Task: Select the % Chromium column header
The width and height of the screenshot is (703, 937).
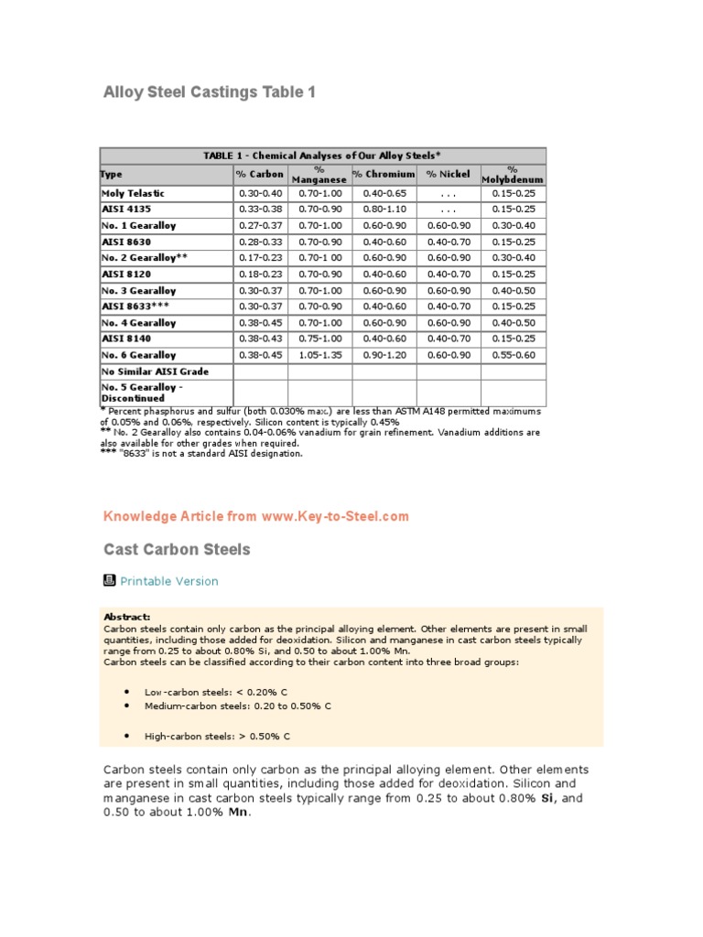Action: pyautogui.click(x=384, y=174)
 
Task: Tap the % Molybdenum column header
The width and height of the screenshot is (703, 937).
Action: pyautogui.click(x=513, y=174)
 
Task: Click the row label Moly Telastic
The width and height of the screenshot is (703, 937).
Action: pyautogui.click(x=133, y=194)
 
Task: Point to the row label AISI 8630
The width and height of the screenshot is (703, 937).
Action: pyautogui.click(x=126, y=242)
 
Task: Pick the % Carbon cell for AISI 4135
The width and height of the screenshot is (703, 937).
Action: pyautogui.click(x=260, y=210)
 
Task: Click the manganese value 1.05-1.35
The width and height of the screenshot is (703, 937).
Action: pyautogui.click(x=319, y=355)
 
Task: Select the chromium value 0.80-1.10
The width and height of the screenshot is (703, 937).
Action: pyautogui.click(x=384, y=210)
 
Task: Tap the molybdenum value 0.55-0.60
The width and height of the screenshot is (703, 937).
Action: pyautogui.click(x=513, y=355)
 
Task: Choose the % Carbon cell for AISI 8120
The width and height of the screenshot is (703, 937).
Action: pyautogui.click(x=260, y=275)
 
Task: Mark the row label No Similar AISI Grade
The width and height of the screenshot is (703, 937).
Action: pyautogui.click(x=155, y=372)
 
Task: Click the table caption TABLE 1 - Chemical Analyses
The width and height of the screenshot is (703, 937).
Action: pyautogui.click(x=322, y=156)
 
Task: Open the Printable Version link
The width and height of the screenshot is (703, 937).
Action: pyautogui.click(x=169, y=581)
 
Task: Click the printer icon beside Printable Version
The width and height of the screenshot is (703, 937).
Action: pyautogui.click(x=109, y=580)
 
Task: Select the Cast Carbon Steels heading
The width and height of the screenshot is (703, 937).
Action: pyautogui.click(x=177, y=550)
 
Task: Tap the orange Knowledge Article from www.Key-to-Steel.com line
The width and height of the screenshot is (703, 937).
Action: pyautogui.click(x=256, y=517)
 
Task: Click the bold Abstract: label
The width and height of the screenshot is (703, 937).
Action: pyautogui.click(x=127, y=618)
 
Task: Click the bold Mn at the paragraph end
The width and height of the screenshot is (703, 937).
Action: pyautogui.click(x=238, y=813)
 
